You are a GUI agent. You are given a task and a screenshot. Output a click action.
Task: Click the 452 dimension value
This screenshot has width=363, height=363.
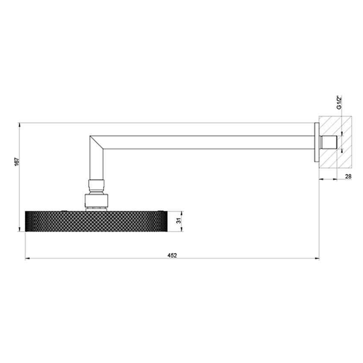point(172,255)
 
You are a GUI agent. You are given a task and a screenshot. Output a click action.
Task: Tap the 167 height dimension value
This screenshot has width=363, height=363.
point(16,161)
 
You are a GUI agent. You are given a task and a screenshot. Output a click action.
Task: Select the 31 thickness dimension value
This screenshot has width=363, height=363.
point(179,221)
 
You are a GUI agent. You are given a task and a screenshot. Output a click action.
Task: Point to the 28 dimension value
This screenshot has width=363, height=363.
point(348,176)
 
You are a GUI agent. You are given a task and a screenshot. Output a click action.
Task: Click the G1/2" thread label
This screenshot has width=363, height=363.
point(339,102)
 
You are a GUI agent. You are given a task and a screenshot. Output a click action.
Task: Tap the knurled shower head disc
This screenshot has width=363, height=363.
point(96,221)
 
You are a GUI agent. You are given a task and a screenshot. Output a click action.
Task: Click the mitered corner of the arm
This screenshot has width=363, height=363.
point(97,142)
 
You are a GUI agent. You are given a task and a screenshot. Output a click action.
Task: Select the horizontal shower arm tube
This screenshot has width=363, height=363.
point(209,142)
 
